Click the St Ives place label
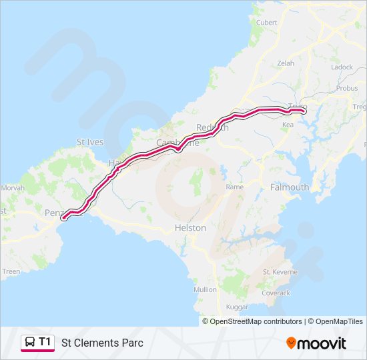coord(90,142)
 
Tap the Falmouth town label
coord(290,187)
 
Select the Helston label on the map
coord(190,227)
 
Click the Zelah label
coord(285,63)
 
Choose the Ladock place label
coord(342,67)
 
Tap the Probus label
coord(347,88)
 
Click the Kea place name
coord(288,125)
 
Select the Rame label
coord(234,187)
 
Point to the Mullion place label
coord(205,289)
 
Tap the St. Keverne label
coord(276,272)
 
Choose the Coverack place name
coord(276,293)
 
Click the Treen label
coord(11,271)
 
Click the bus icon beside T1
coord(30,343)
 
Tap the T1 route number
coord(45,342)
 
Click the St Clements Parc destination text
coord(102,343)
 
